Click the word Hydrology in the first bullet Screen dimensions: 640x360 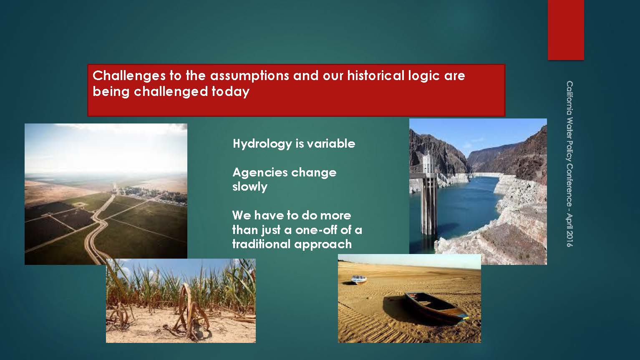262,144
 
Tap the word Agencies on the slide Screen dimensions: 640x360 260,172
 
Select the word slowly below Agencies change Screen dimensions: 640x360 250,187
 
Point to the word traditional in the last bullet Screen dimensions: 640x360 261,244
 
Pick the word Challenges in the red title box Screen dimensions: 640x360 129,76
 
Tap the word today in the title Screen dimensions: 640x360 231,92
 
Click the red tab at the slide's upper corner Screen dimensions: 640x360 566,30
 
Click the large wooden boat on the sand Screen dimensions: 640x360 436,307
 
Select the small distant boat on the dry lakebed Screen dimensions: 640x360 358,279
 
